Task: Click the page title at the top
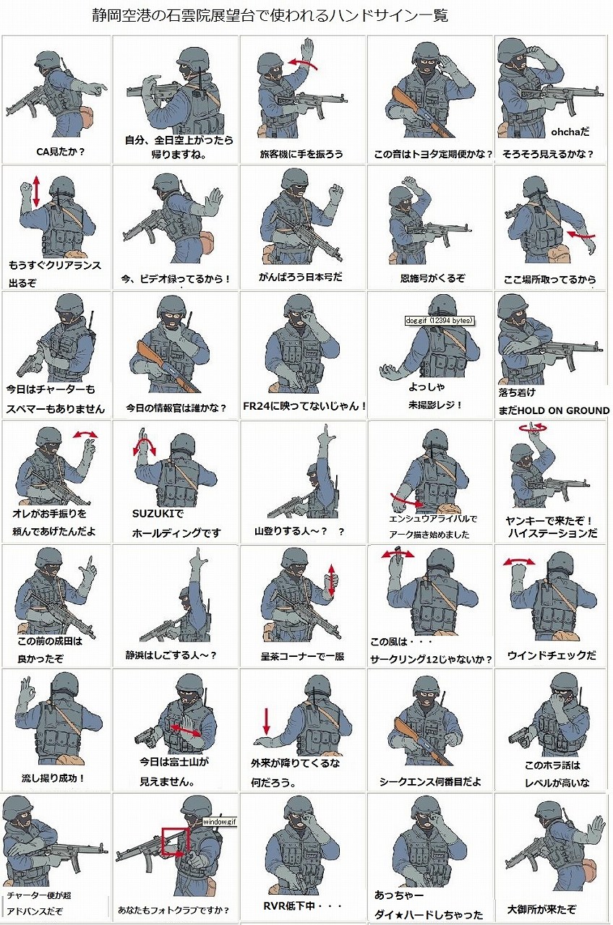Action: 270,16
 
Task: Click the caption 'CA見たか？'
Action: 60,152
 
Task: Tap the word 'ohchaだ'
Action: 570,132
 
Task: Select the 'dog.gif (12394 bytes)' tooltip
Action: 439,320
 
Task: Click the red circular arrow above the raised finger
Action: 533,428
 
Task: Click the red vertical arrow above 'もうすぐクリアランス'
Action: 36,191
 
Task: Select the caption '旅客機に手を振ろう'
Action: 301,154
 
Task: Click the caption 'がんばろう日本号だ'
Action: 301,277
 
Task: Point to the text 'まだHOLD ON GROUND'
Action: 554,410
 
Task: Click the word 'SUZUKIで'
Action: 158,514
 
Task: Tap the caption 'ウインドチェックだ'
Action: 552,655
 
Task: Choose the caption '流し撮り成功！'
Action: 53,778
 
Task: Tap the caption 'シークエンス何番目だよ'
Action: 430,781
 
